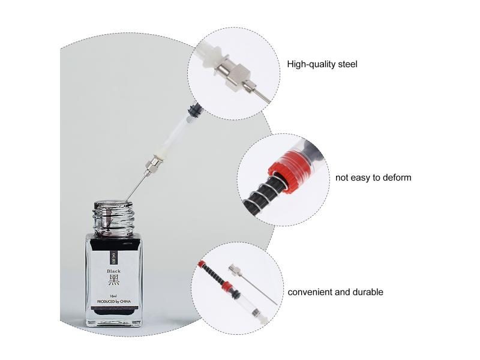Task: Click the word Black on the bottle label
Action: (114, 271)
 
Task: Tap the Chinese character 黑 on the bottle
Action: (114, 281)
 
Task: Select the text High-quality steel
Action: (322, 64)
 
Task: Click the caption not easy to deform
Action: (373, 178)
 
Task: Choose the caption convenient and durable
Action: (335, 292)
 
